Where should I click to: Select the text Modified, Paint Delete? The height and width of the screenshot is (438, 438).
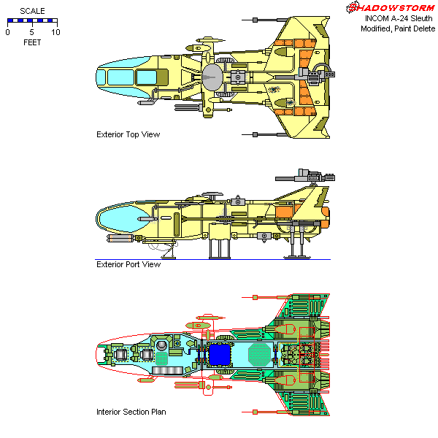[x=397, y=28]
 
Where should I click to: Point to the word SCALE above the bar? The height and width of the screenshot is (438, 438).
[x=31, y=12]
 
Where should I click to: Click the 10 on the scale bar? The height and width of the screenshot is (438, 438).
[x=55, y=32]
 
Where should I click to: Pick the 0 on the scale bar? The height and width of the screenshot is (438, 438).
[x=7, y=32]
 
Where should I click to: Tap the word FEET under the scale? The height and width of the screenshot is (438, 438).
[x=31, y=42]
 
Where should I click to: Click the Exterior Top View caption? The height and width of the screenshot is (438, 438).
[x=128, y=134]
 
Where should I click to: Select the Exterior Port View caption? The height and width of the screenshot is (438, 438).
[x=128, y=264]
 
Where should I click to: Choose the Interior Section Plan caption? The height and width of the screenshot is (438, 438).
[x=131, y=412]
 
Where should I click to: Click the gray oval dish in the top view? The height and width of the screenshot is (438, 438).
[x=212, y=76]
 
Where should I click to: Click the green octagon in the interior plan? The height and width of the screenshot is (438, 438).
[x=258, y=355]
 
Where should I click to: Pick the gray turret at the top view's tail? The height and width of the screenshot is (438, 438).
[x=318, y=73]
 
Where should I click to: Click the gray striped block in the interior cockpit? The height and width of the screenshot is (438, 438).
[x=166, y=371]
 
